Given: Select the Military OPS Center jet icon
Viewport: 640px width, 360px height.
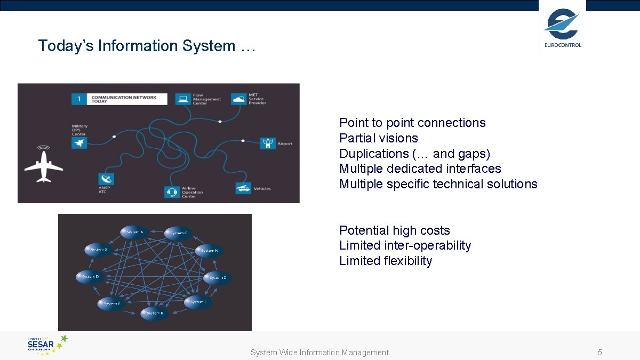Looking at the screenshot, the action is [79, 142].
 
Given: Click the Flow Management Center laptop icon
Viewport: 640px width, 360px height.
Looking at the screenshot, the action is [183, 99].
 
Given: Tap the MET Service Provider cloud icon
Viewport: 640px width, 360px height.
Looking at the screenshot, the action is [238, 99].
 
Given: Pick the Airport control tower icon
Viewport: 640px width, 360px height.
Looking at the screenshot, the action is [268, 143].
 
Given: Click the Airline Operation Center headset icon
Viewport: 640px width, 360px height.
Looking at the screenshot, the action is [172, 191].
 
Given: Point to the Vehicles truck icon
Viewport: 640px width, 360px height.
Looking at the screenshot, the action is [243, 188].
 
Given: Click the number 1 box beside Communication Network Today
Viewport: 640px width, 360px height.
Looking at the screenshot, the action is [79, 99].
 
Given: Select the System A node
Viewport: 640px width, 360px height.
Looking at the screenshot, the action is [134, 232].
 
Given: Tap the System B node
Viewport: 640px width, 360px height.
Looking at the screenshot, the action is [154, 314].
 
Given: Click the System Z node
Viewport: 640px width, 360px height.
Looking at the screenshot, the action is [218, 278].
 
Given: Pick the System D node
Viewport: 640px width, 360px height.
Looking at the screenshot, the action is [90, 277].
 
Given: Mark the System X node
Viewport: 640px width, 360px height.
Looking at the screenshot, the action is [99, 250].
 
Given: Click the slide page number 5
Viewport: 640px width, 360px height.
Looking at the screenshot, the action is [600, 353].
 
